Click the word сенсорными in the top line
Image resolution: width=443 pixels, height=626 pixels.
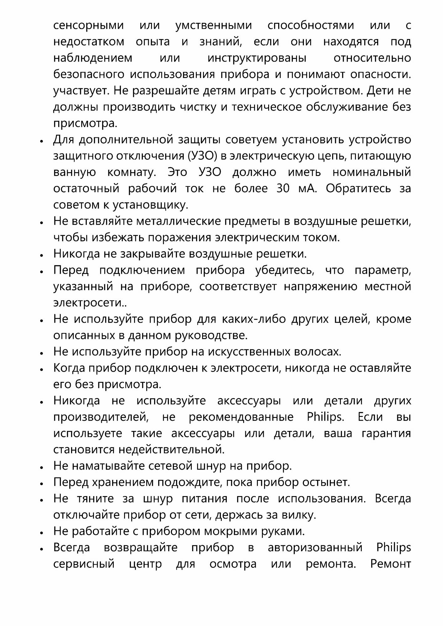88,25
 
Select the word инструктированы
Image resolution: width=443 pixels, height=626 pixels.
257,58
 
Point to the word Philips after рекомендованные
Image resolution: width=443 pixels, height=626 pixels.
325,417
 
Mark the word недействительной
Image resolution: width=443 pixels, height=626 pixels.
171,450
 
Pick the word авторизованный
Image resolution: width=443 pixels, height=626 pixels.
315,547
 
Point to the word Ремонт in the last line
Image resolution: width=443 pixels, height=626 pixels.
390,564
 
